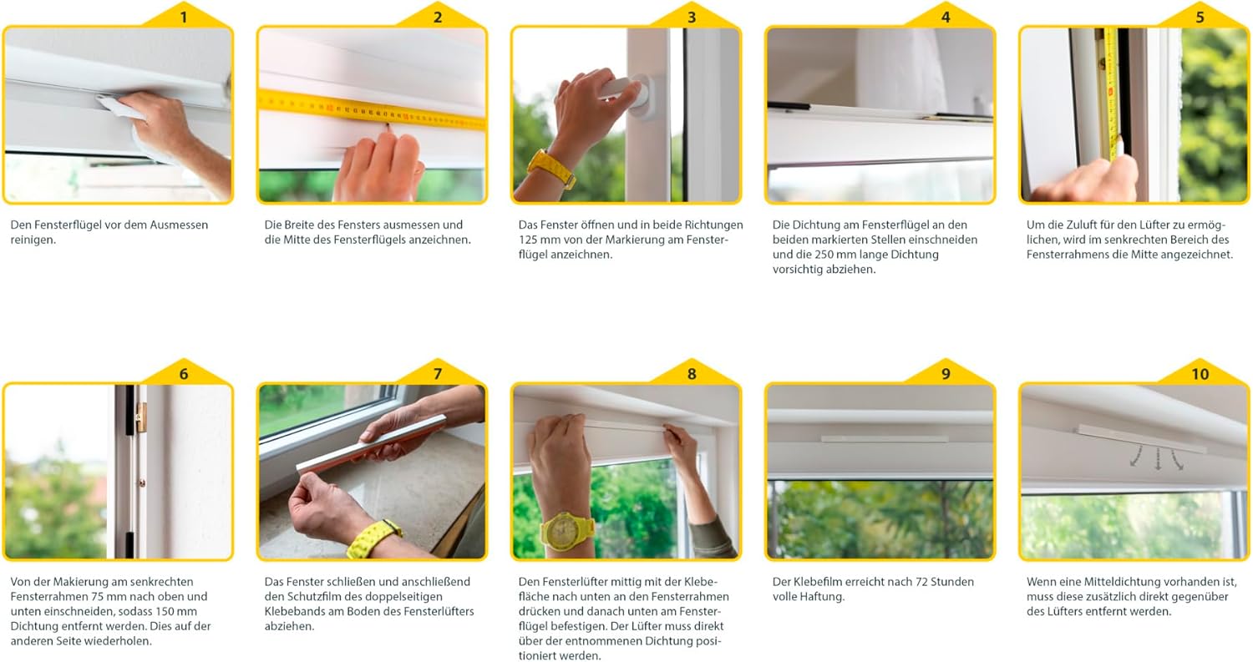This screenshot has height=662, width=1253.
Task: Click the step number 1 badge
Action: [x=184, y=17]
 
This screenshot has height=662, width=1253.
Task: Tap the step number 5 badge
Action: [x=1200, y=17]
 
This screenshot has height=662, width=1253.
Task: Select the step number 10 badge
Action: [x=1200, y=373]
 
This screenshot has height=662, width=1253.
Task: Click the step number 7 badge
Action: [x=438, y=373]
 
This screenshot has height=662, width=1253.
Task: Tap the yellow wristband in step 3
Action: [x=551, y=167]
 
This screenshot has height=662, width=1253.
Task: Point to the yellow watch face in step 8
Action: [x=566, y=531]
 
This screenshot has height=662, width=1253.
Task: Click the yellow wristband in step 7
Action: [x=373, y=538]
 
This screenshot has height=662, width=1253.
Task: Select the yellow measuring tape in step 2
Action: [x=372, y=109]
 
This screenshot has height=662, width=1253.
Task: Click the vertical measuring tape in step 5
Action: [x=1110, y=93]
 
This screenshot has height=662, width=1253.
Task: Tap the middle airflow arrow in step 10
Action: [x=1158, y=458]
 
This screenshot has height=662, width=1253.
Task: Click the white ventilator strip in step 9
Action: [x=884, y=439]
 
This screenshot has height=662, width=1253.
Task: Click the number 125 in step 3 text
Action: [x=530, y=240]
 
